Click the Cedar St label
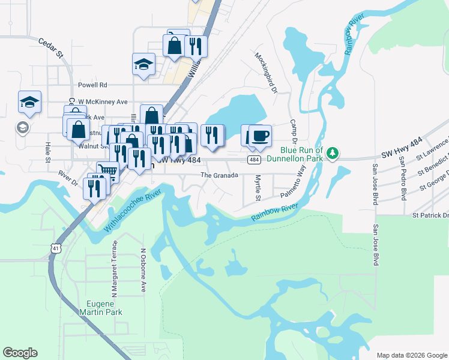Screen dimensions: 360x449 [x=51, y=49]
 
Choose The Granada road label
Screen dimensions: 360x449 [x=219, y=175]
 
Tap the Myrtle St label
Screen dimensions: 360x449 [x=258, y=188]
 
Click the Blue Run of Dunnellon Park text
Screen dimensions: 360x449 [x=301, y=154]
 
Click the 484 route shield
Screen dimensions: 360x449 [x=255, y=160]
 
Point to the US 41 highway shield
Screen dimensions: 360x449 [x=56, y=248]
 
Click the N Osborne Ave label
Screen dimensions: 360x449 [x=143, y=271]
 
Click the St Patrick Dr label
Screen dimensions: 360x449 [x=430, y=215]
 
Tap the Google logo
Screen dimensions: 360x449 [x=20, y=353]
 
